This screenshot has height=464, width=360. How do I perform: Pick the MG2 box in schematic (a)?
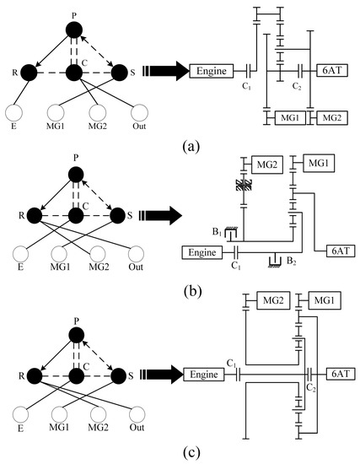pos(330,115)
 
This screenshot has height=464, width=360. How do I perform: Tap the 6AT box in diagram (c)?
pos(336,371)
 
